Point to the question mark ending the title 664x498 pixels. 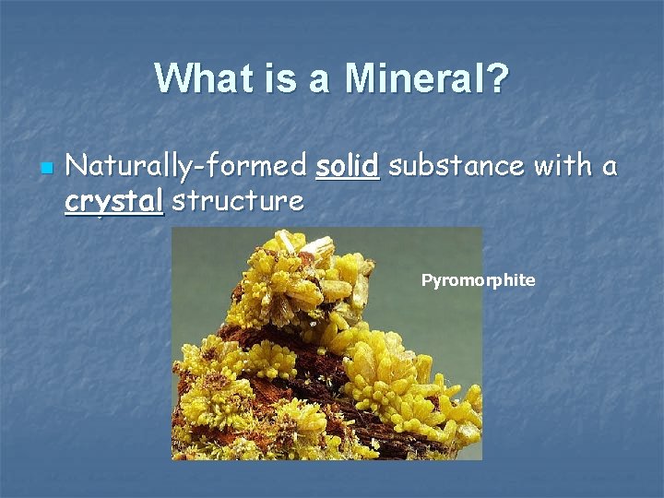[497, 78]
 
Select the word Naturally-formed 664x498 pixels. [186, 167]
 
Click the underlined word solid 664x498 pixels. [347, 167]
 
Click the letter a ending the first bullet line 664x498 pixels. [609, 169]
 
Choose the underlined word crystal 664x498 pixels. [114, 201]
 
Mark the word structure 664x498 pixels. [238, 200]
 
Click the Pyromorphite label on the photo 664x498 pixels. [478, 280]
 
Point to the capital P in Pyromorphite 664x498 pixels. [426, 280]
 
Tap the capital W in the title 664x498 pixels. [172, 78]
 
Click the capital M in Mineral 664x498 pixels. [361, 78]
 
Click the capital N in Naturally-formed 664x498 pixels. [77, 167]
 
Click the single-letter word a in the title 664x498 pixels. [319, 81]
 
